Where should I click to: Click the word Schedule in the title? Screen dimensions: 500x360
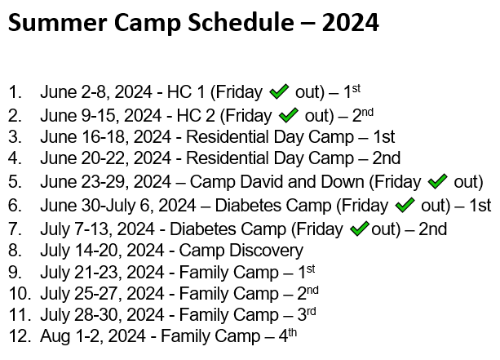[x=241, y=23]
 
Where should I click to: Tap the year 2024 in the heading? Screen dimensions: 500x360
[x=351, y=23]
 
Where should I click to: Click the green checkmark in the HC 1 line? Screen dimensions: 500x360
[x=279, y=91]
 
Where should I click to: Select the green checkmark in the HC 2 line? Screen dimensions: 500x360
[x=288, y=115]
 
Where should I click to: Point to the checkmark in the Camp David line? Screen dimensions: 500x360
[x=437, y=181]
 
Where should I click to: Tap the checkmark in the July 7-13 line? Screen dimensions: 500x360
[x=360, y=229]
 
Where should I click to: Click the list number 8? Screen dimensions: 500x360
[x=15, y=251]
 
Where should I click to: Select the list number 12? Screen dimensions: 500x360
[x=20, y=336]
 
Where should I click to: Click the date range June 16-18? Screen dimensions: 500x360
[x=83, y=137]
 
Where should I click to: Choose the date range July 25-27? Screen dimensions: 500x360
[x=82, y=294]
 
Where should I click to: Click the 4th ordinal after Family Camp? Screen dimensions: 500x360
[x=288, y=335]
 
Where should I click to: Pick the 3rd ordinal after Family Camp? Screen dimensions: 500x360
[x=307, y=313]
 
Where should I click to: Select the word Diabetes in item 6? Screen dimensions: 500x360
[x=247, y=206]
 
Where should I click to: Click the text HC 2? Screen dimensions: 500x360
[x=196, y=116]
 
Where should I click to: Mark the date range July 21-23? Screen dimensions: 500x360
[x=82, y=273]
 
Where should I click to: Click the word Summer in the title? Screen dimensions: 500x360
[x=57, y=23]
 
